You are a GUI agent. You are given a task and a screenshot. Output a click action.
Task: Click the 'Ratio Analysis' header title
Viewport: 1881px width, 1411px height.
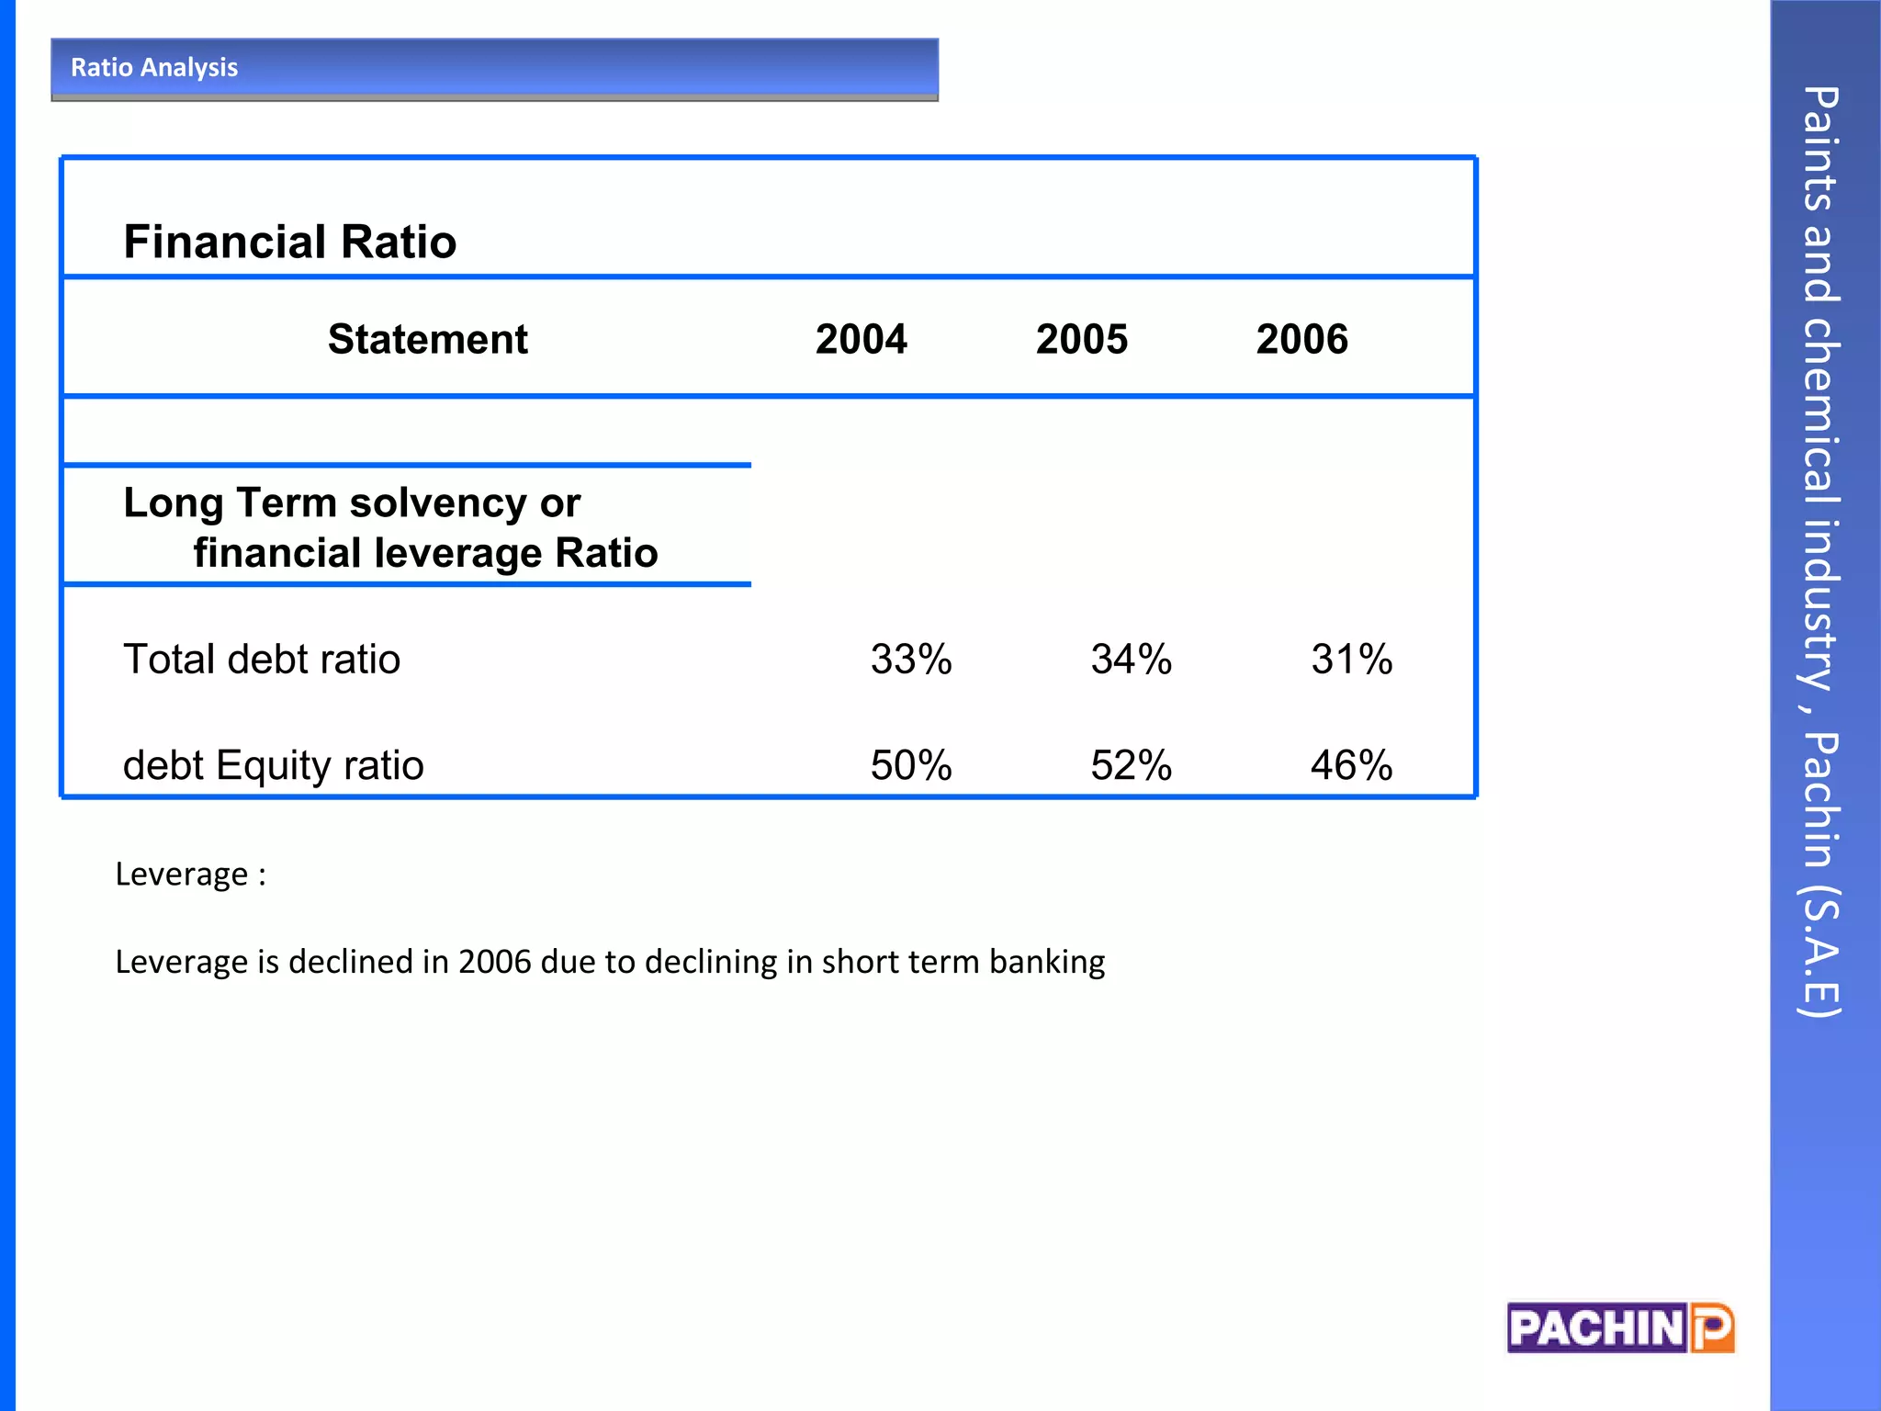tap(154, 67)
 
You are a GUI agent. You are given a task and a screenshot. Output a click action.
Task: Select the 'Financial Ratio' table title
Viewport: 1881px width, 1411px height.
tap(289, 242)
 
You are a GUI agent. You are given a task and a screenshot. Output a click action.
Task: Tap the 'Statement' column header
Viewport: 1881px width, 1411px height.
tap(427, 339)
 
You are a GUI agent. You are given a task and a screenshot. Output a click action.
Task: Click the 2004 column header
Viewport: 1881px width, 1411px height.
tap(861, 339)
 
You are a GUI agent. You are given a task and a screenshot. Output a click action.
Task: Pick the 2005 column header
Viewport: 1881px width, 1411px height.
tap(1081, 339)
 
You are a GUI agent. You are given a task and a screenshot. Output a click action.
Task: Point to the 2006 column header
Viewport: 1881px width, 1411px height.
tap(1301, 339)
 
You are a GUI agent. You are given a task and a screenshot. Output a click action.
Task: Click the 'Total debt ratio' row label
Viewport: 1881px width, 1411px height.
tap(262, 659)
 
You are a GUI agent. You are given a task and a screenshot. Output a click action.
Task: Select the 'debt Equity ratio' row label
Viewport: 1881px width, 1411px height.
tap(274, 764)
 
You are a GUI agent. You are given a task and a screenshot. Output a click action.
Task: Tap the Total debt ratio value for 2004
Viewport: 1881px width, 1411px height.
tap(911, 659)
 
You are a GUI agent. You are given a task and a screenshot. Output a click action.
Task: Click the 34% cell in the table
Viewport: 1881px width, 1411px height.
tap(1131, 659)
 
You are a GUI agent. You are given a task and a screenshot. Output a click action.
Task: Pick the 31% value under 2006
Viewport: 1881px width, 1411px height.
tap(1351, 659)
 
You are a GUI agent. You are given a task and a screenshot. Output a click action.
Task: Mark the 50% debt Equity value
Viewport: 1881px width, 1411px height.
tap(911, 764)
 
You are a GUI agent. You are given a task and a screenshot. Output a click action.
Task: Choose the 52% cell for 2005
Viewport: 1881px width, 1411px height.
tap(1131, 764)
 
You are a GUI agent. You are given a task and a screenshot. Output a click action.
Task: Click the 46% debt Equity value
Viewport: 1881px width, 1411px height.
tap(1351, 764)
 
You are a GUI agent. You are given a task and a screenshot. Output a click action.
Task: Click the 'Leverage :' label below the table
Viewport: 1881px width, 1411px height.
tap(190, 874)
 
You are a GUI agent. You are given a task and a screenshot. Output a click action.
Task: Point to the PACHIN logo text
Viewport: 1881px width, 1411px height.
tap(1596, 1328)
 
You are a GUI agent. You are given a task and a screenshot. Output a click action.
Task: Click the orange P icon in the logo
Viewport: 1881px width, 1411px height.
tap(1712, 1328)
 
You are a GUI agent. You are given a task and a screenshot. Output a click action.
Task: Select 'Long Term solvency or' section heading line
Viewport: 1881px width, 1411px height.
tap(352, 502)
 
